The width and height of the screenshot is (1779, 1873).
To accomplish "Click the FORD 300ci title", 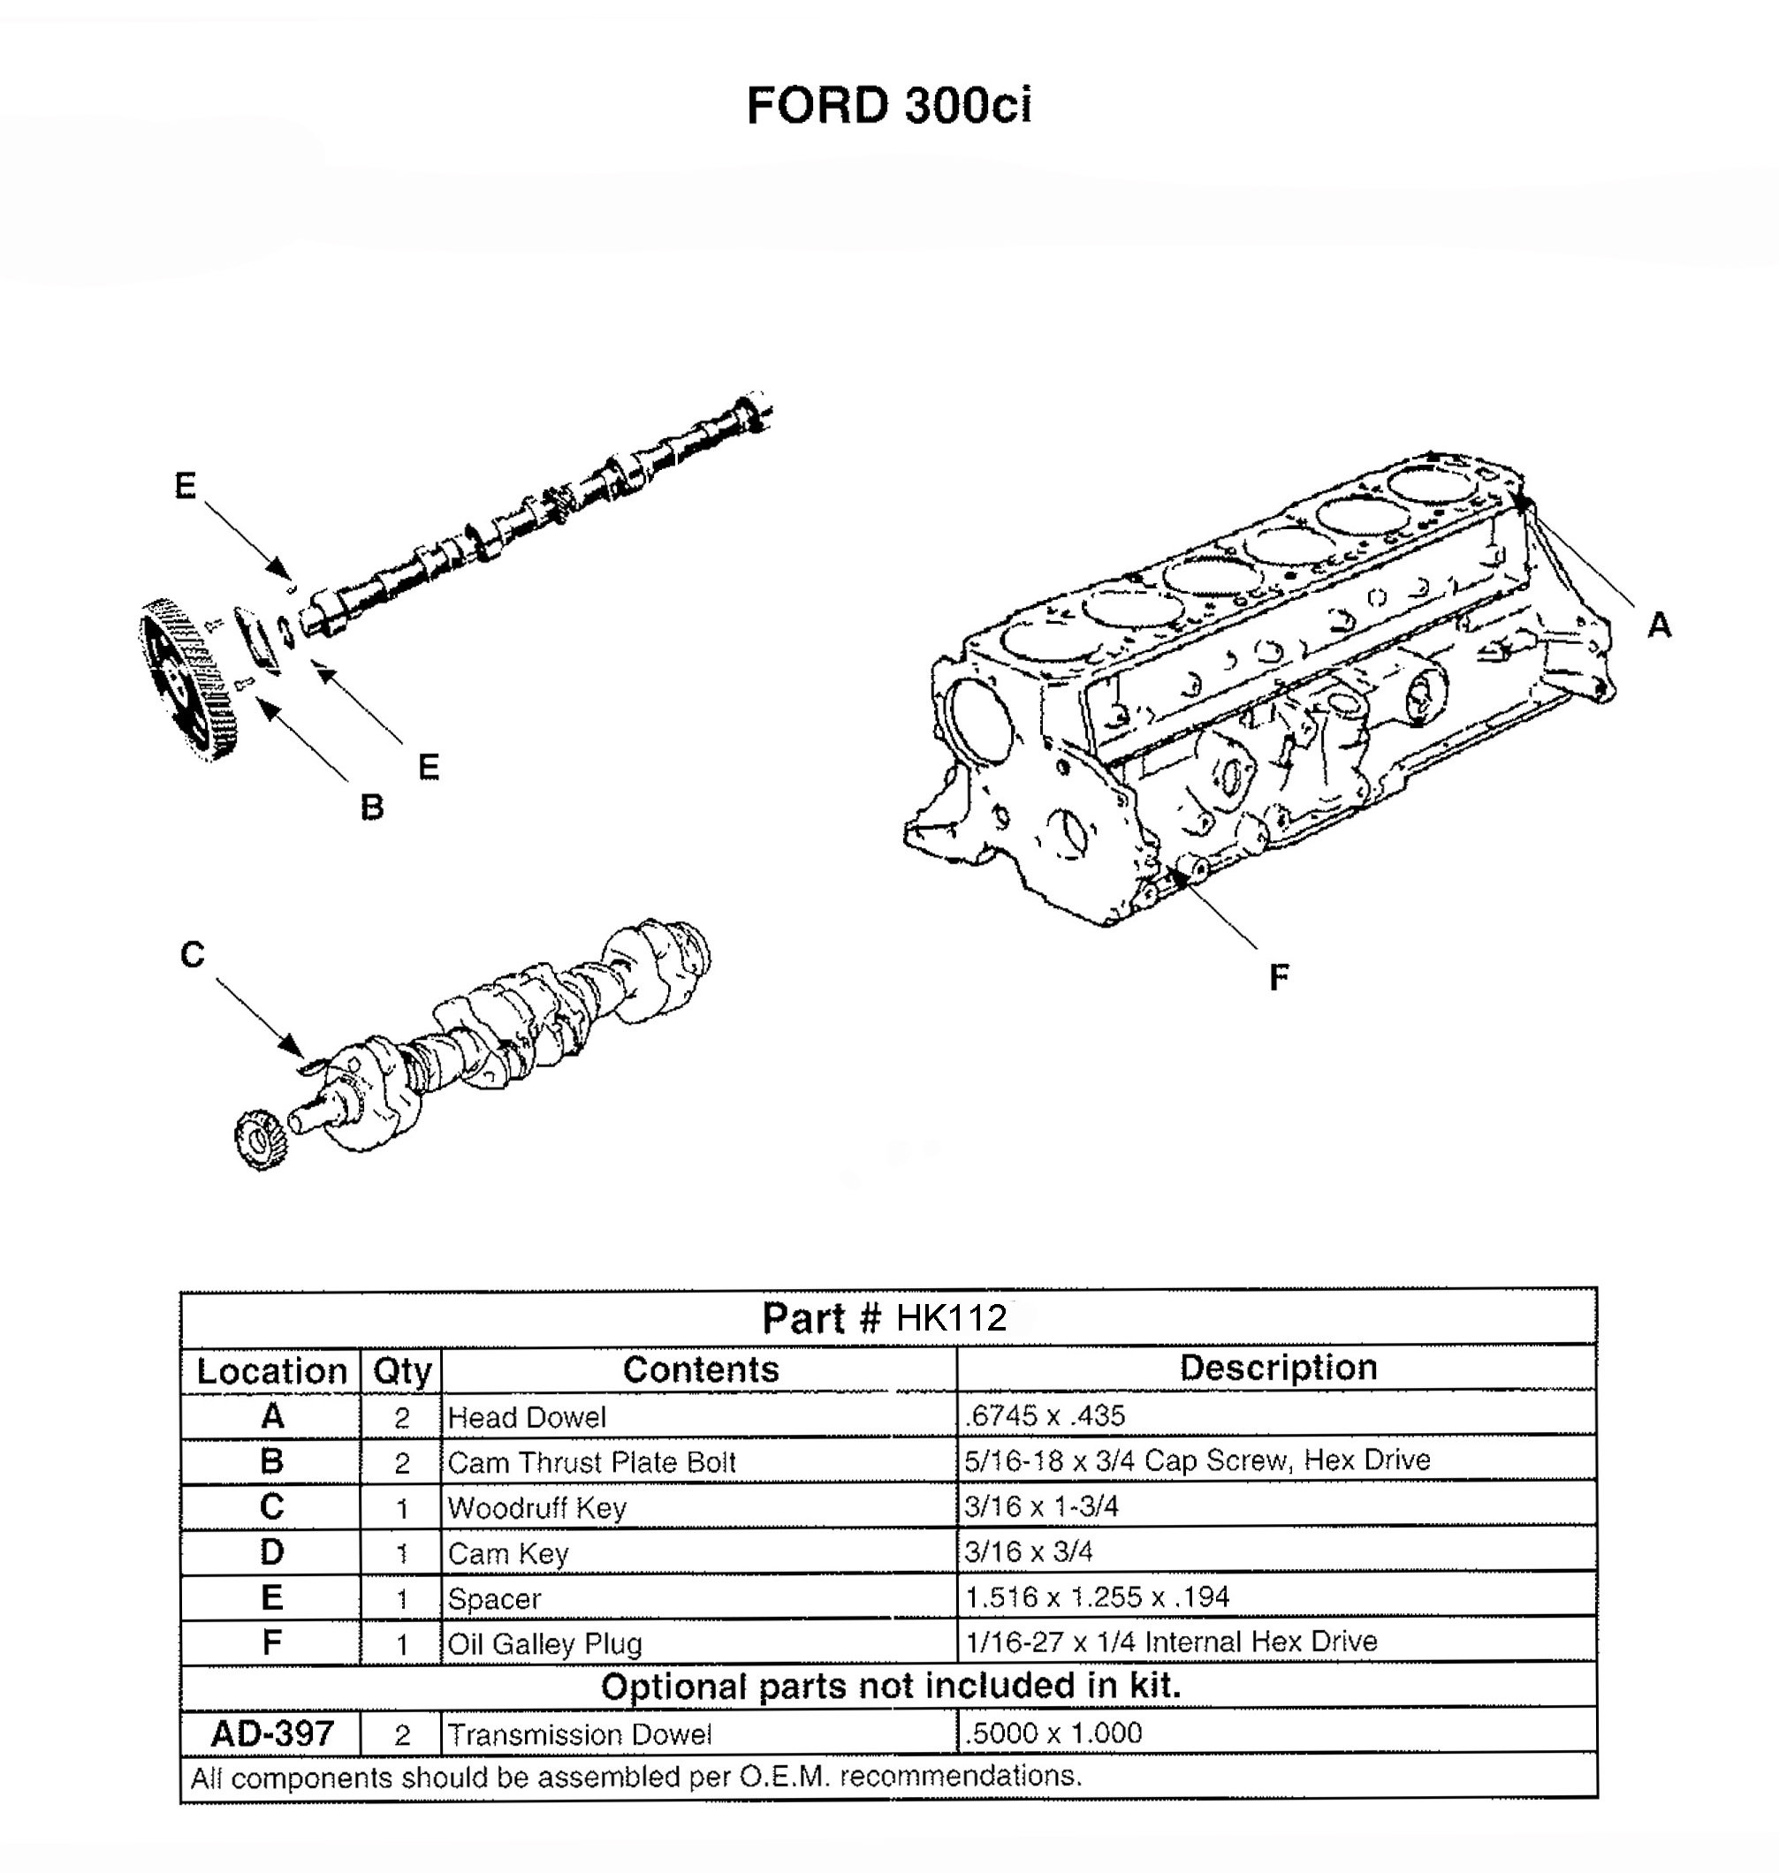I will coord(888,105).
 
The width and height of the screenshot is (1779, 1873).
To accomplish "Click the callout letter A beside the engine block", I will coord(1659,626).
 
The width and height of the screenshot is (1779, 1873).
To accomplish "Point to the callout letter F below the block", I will coord(1278,976).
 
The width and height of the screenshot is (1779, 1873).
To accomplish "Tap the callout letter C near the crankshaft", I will coord(193,954).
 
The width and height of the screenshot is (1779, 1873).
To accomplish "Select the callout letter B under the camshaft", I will coord(372,808).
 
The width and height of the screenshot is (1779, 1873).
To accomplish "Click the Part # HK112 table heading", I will coord(885,1317).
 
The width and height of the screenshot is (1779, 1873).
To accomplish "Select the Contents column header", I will coord(700,1369).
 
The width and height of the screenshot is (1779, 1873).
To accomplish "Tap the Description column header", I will coord(1277,1368).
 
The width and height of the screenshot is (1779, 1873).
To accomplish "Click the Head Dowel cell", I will coord(528,1417).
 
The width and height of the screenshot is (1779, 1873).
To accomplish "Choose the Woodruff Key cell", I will coord(536,1507).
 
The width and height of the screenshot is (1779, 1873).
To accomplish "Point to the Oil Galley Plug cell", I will coord(544,1643).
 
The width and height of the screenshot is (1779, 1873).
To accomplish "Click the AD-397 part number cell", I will coord(272,1733).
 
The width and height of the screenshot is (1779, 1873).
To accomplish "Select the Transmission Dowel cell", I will coord(579,1734).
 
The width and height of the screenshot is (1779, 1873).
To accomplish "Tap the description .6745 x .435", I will coord(1044,1416).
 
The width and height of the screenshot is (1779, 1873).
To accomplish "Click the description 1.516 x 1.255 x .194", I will coord(1096,1597).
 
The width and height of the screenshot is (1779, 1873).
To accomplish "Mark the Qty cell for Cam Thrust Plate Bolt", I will coord(401,1462).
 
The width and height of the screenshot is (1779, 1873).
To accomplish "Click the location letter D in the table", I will coord(271,1552).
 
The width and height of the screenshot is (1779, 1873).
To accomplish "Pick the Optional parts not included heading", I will coord(889,1687).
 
